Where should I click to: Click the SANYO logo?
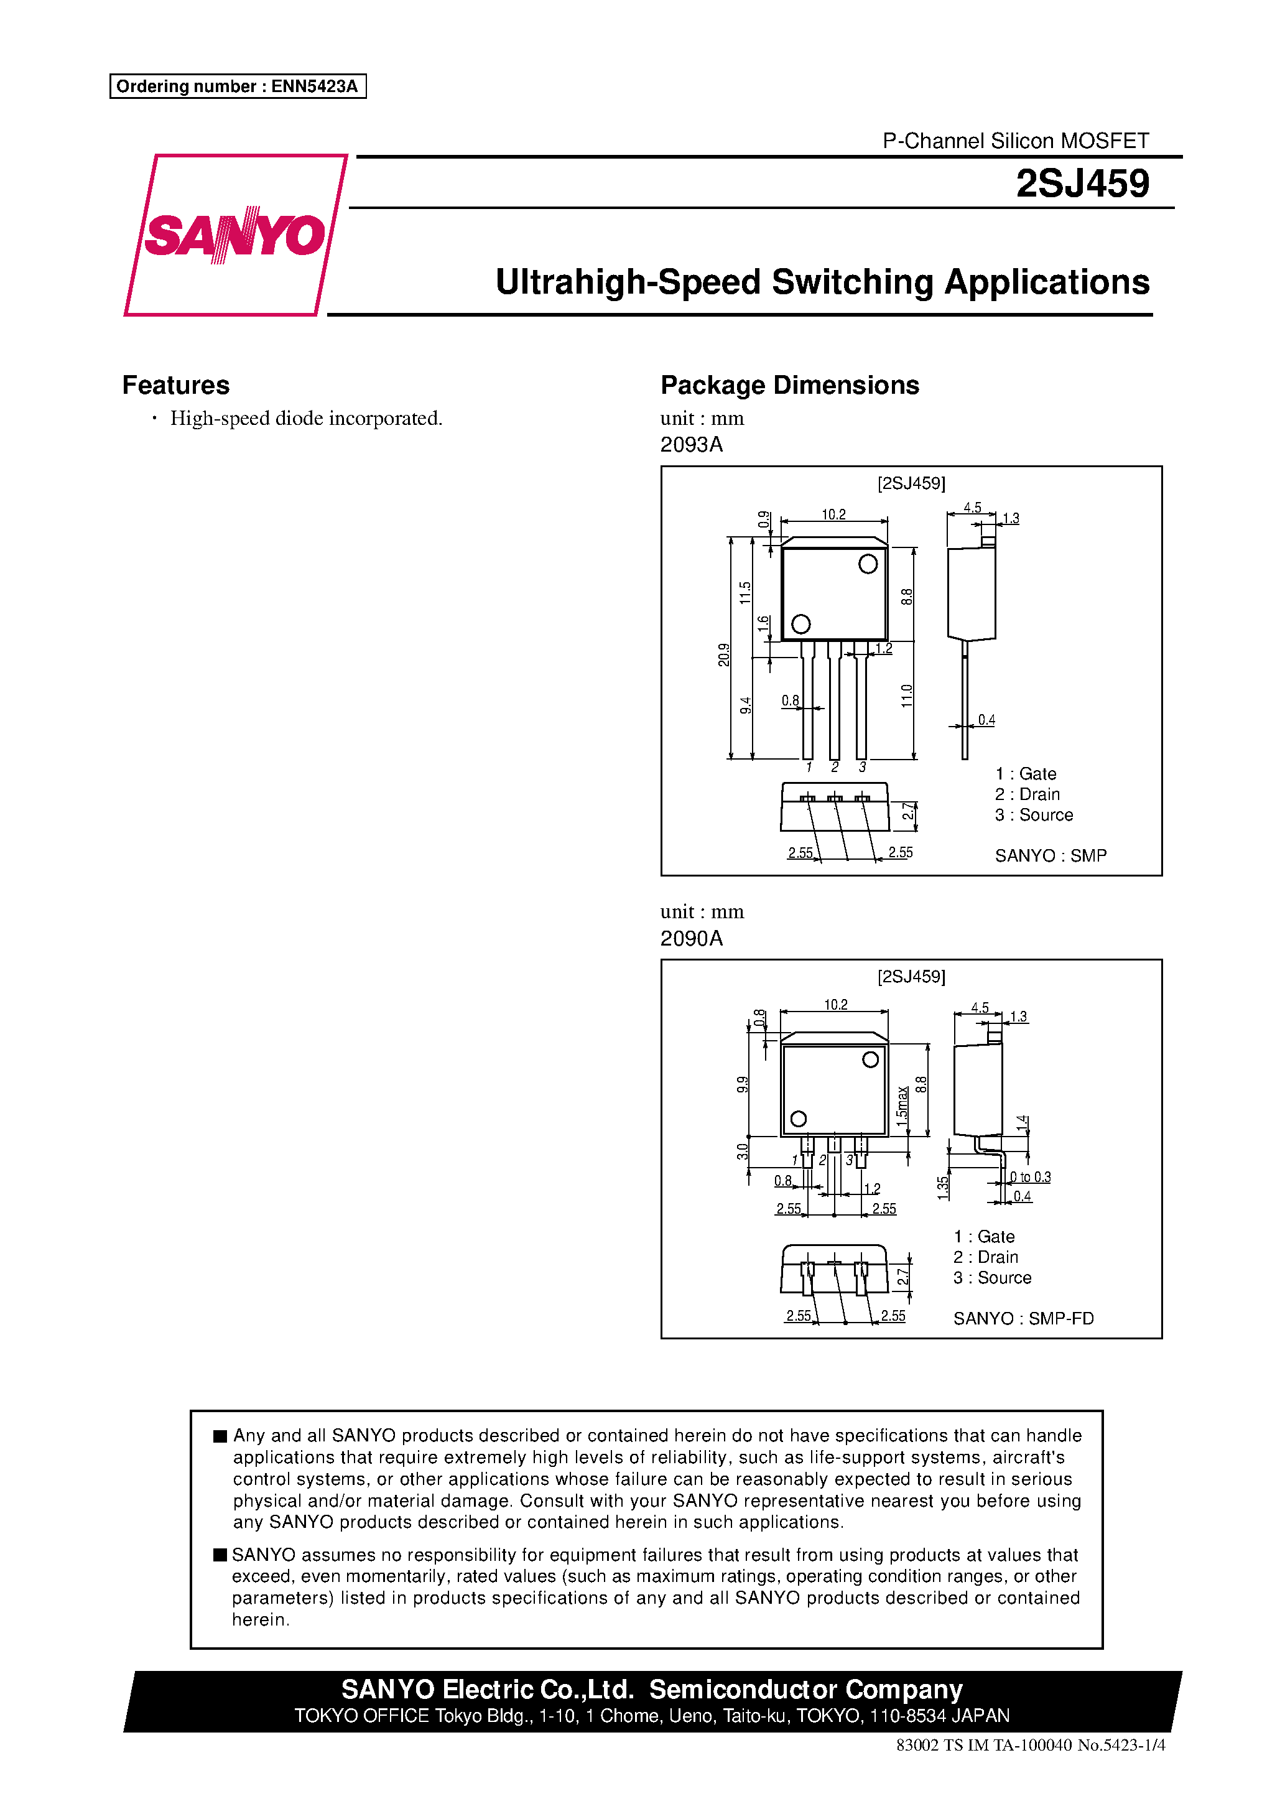coord(235,235)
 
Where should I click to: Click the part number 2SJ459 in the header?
coord(1082,184)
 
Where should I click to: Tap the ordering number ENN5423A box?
coord(238,86)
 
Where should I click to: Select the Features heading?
coord(176,385)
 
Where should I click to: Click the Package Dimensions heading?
coord(789,385)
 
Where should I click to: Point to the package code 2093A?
coord(691,444)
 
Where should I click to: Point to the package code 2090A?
coord(691,938)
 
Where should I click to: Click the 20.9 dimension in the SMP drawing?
coord(723,654)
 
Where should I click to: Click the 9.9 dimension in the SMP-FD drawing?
coord(742,1084)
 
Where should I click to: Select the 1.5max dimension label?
coord(902,1105)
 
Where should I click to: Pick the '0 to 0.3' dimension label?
coord(1031,1177)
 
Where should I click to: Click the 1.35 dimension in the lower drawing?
coord(943,1188)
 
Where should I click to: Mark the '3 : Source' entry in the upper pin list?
coord(1034,815)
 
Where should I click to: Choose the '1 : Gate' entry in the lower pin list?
coord(984,1237)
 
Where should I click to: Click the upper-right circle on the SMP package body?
coord(868,564)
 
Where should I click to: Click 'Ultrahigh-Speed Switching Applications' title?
coord(822,282)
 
